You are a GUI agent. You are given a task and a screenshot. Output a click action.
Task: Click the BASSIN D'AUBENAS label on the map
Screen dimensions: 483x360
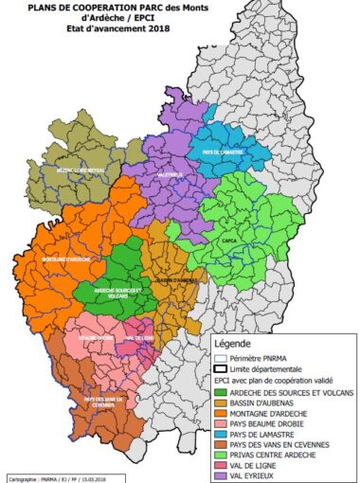pyautogui.click(x=174, y=280)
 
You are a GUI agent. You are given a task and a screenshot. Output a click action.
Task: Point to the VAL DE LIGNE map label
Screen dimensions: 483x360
pyautogui.click(x=135, y=338)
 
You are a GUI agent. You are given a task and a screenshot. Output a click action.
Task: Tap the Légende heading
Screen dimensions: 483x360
pyautogui.click(x=236, y=342)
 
